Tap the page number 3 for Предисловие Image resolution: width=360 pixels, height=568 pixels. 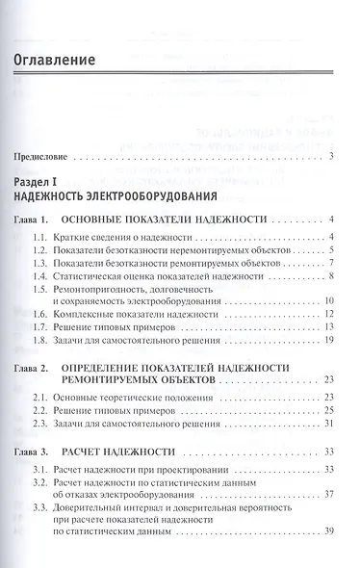[330, 155]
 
